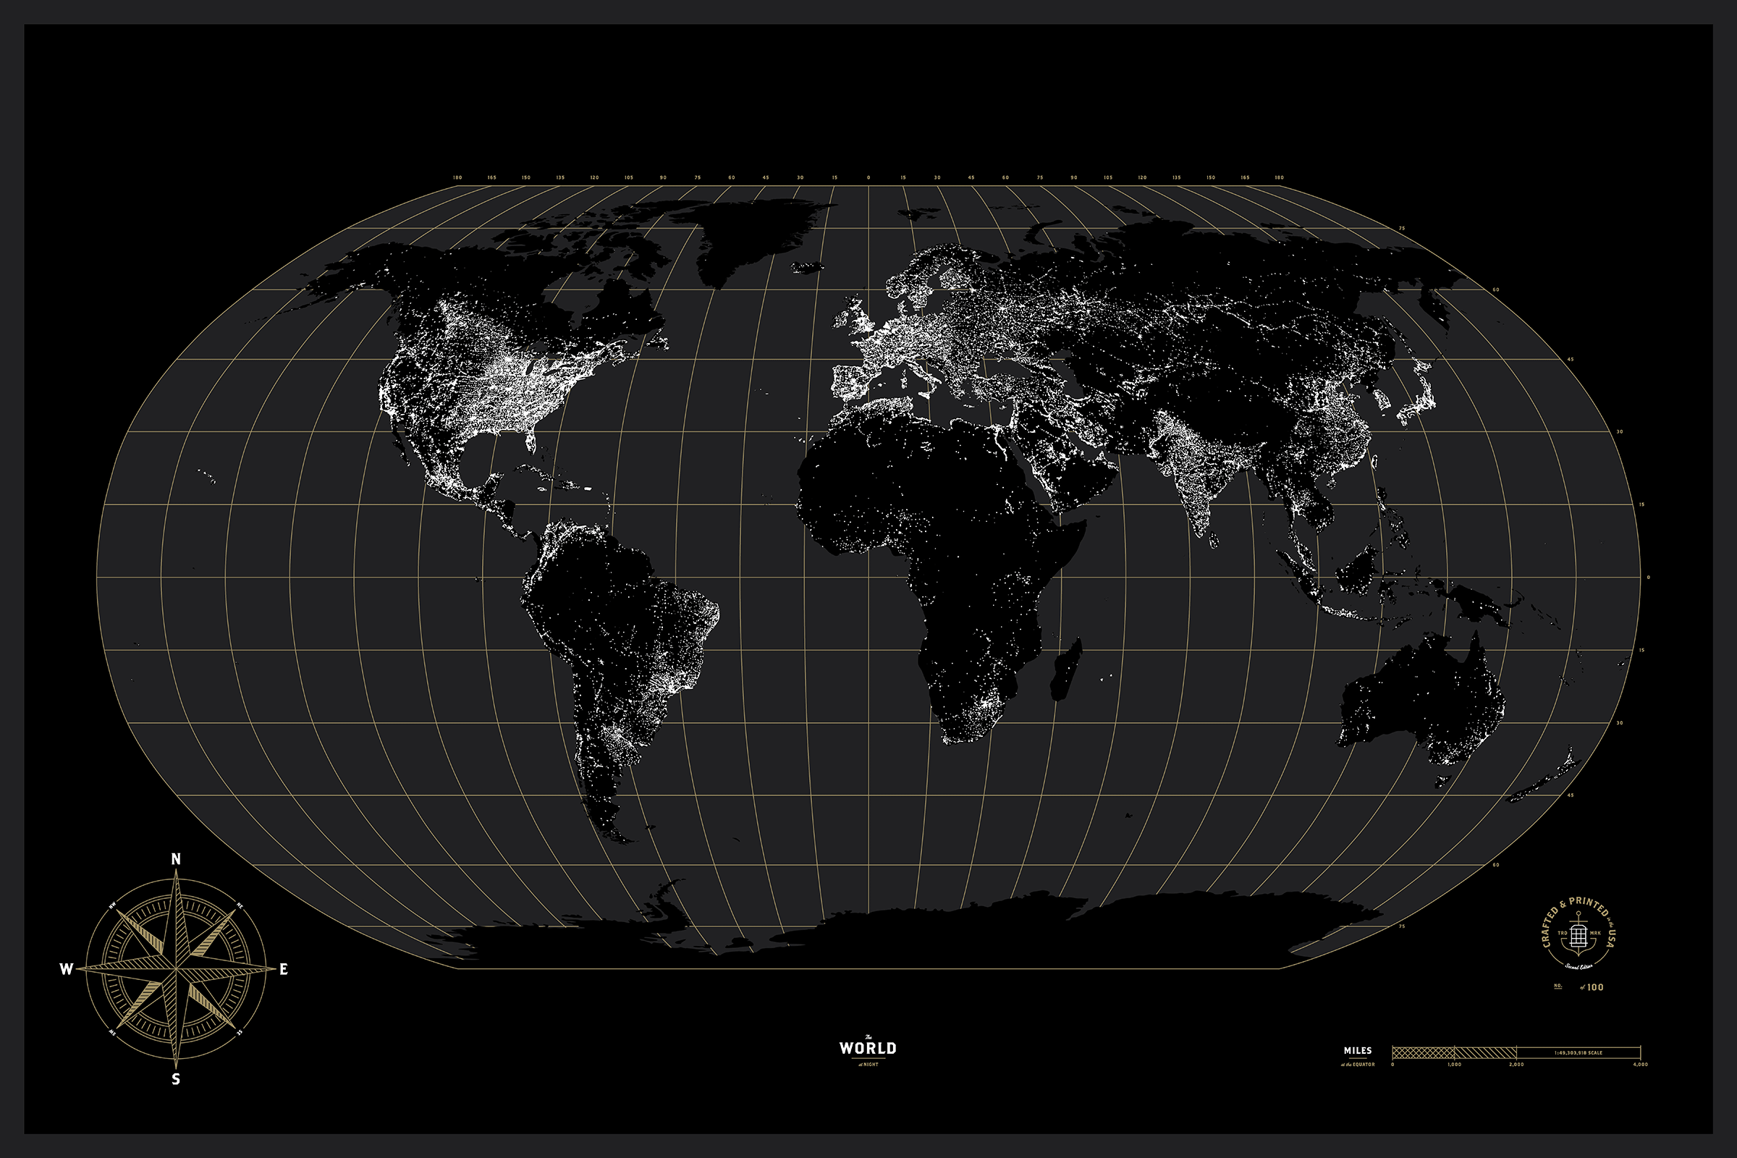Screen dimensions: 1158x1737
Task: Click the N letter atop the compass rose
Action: point(176,859)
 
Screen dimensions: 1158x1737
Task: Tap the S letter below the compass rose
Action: point(176,1079)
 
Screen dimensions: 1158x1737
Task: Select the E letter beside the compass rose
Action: point(284,969)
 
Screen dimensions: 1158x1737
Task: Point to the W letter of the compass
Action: point(66,969)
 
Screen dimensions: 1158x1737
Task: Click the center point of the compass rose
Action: point(176,968)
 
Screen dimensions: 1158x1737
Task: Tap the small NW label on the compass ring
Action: point(113,905)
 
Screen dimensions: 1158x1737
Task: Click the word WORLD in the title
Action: point(868,1048)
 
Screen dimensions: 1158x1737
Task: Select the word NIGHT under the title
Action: point(871,1065)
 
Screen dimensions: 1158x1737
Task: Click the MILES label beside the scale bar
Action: point(1358,1050)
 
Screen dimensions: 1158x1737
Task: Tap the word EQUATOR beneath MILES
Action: point(1364,1065)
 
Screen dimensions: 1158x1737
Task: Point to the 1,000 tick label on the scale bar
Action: point(1454,1065)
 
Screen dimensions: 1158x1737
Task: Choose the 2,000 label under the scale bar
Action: point(1516,1065)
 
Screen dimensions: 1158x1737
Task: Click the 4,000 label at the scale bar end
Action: point(1640,1065)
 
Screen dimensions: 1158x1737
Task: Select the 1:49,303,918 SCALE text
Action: point(1578,1052)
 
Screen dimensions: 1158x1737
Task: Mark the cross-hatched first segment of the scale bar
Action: point(1423,1052)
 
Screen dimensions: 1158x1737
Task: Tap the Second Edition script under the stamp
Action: point(1578,966)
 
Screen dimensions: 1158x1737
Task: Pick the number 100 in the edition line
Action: point(1595,987)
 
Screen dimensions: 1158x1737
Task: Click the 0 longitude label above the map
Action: point(868,178)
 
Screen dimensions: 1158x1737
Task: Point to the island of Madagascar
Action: point(1065,668)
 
